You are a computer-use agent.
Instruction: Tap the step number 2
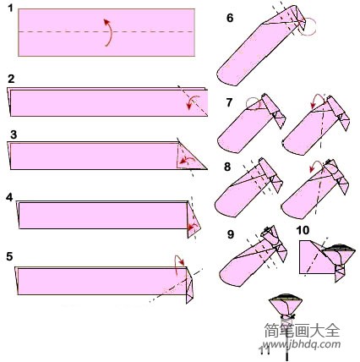click(10, 79)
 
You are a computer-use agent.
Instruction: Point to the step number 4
click(9, 196)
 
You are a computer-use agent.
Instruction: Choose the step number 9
click(229, 233)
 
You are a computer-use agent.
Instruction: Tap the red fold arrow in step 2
click(194, 102)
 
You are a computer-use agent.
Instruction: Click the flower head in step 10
click(339, 251)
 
